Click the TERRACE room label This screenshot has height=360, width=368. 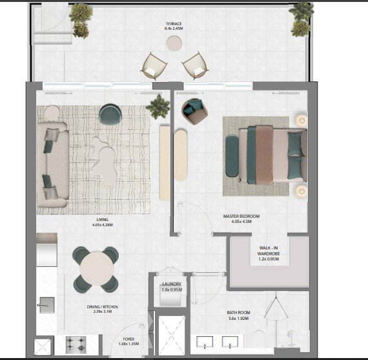click(174, 24)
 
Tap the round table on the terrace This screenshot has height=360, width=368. click(174, 43)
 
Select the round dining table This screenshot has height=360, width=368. click(96, 268)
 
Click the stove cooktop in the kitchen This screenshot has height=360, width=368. click(76, 344)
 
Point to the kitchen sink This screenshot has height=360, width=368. click(47, 305)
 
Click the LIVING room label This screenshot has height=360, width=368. click(102, 220)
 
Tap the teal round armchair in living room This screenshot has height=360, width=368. click(110, 114)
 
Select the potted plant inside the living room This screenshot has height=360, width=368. click(158, 107)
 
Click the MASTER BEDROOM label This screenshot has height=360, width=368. click(241, 216)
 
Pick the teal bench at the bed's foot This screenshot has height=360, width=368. click(232, 156)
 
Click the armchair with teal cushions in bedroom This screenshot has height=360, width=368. click(194, 111)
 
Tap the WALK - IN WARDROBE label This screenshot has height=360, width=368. click(269, 251)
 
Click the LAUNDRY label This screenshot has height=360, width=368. click(172, 284)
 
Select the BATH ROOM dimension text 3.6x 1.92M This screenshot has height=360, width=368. click(238, 319)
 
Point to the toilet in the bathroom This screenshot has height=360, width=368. click(259, 339)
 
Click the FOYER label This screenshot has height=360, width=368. click(128, 339)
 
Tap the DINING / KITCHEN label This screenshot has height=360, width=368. click(102, 306)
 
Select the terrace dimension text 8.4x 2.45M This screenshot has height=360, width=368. click(174, 28)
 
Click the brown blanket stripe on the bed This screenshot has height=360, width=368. click(264, 155)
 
